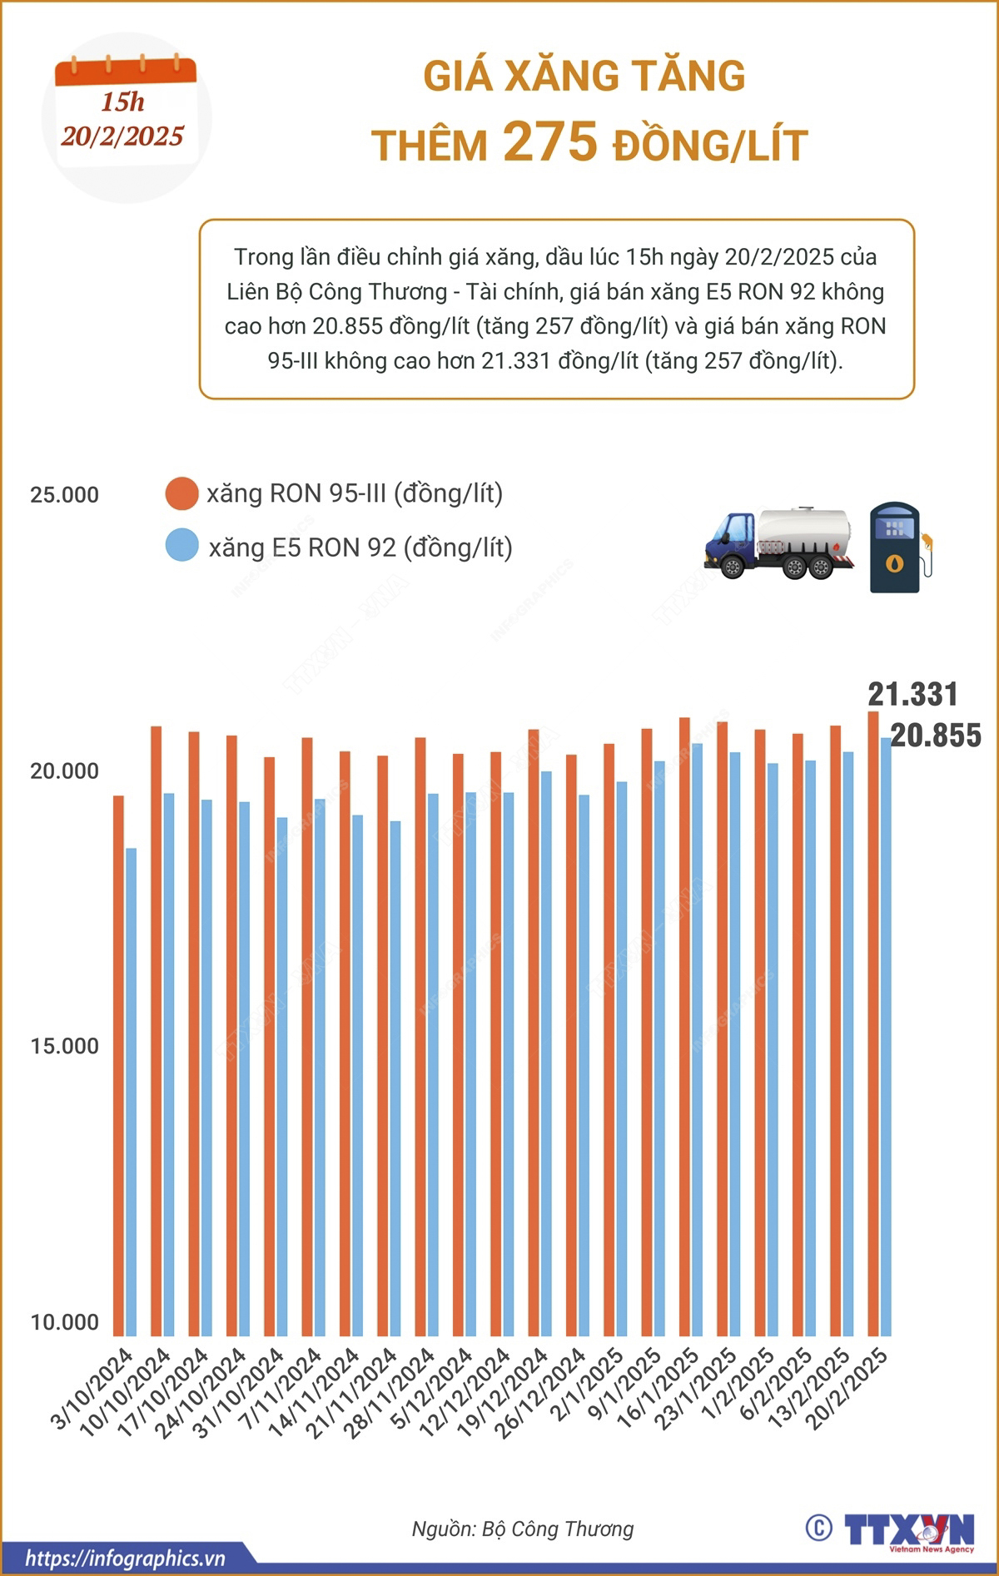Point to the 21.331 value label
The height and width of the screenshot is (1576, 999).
[x=912, y=694]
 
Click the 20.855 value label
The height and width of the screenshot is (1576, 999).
[x=936, y=736]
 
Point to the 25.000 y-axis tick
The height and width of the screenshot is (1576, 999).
[x=64, y=495]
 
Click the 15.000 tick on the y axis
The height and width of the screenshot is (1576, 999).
[x=64, y=1046]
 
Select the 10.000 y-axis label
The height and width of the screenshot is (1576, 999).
[x=64, y=1322]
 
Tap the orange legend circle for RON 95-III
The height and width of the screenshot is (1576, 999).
[x=181, y=493]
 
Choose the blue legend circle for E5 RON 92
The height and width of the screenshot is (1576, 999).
[x=181, y=547]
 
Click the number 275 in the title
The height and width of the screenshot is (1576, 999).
[x=550, y=141]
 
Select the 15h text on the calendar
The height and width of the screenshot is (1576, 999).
[x=122, y=102]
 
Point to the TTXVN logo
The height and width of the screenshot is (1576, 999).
[x=909, y=1529]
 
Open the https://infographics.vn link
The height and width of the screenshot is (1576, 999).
[x=125, y=1558]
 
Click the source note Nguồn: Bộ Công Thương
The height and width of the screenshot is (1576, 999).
[x=523, y=1529]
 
